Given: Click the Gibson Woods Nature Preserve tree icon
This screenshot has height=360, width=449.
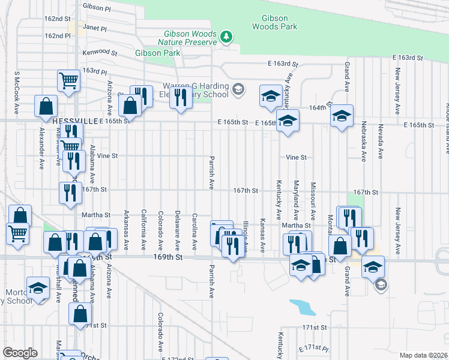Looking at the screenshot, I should [226, 37].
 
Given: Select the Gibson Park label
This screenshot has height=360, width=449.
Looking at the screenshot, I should [157, 53].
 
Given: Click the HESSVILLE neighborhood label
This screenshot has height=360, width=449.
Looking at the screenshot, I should [74, 121].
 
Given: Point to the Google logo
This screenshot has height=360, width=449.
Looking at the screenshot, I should [20, 353].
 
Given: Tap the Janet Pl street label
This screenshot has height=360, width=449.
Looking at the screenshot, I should [95, 28].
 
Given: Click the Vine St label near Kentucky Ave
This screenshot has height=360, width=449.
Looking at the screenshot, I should [296, 157].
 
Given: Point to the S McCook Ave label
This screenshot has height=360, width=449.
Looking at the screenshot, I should [17, 90].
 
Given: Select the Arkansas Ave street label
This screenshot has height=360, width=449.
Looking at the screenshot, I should [126, 230].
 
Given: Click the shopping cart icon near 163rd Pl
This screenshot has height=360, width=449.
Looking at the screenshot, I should [69, 81].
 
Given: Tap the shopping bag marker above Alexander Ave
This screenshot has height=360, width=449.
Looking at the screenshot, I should [46, 106].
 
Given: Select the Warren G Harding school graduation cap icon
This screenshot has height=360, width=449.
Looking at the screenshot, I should [238, 89].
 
